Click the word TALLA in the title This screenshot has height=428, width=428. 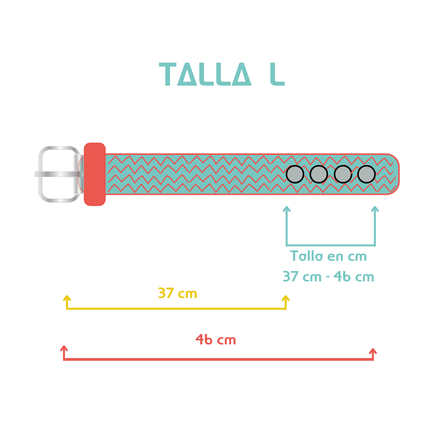point(205,74)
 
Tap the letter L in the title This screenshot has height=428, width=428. point(277,74)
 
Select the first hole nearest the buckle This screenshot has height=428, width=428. point(295,174)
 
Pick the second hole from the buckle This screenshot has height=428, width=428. point(319,174)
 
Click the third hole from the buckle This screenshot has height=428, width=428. point(343,174)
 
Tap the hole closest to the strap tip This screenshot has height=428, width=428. point(366,174)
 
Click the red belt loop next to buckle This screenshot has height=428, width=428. point(95,174)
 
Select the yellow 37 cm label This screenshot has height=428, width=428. point(178,293)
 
